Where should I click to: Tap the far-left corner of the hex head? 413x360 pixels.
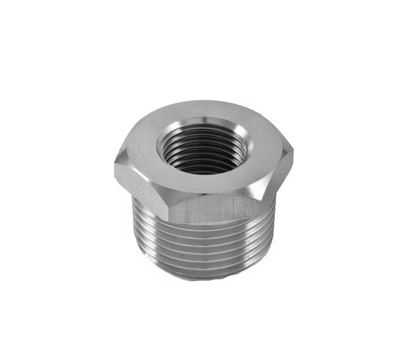[115, 165]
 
